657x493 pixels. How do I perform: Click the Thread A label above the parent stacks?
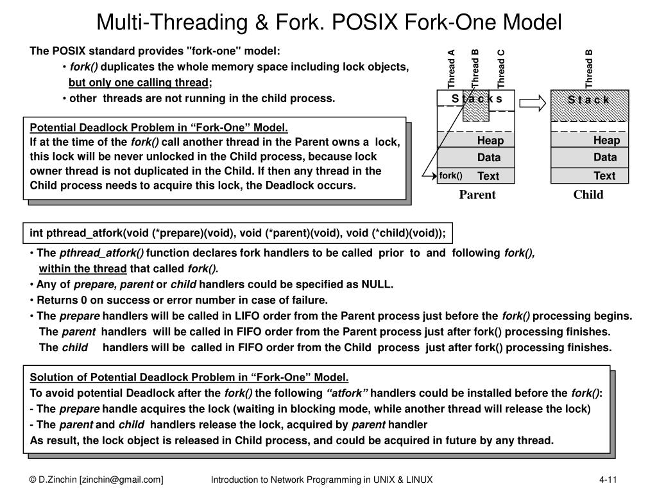coord(451,69)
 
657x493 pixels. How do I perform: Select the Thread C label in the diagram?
coord(502,69)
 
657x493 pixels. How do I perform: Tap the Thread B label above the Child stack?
coord(590,69)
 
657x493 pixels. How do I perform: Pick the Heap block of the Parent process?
coord(490,141)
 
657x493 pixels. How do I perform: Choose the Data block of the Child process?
coord(604,157)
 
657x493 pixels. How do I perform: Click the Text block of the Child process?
coord(604,175)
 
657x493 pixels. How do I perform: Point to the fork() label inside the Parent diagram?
coord(450,175)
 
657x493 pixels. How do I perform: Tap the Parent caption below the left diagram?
coord(477,195)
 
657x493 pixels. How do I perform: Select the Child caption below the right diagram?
coord(588,195)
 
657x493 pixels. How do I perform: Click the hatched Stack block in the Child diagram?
coord(588,106)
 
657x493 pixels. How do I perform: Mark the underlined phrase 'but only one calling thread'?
coord(139,82)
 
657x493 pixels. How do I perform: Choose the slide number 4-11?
coord(608,480)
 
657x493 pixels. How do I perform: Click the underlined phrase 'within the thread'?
coord(83,268)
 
